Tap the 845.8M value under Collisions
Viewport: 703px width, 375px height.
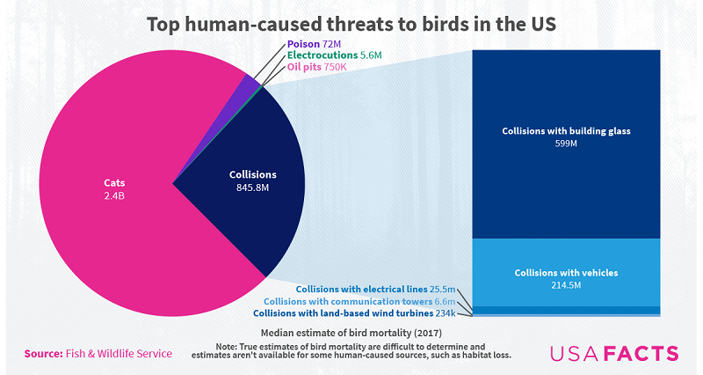[x=253, y=187]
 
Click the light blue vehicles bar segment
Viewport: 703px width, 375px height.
[x=567, y=255]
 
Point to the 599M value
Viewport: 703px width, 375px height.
[x=567, y=143]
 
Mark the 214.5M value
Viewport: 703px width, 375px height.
[x=567, y=285]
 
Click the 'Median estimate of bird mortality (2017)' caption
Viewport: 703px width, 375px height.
[x=351, y=333]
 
